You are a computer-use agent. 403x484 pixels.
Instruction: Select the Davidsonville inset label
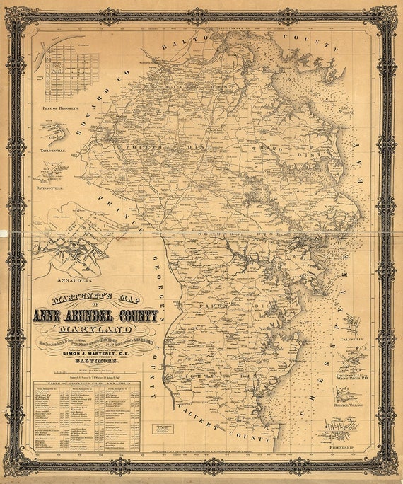point(52,188)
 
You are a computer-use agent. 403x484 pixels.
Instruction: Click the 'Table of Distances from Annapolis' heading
point(86,386)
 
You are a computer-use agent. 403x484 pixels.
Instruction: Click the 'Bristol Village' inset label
point(350,406)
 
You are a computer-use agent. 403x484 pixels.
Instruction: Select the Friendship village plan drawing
point(339,429)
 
